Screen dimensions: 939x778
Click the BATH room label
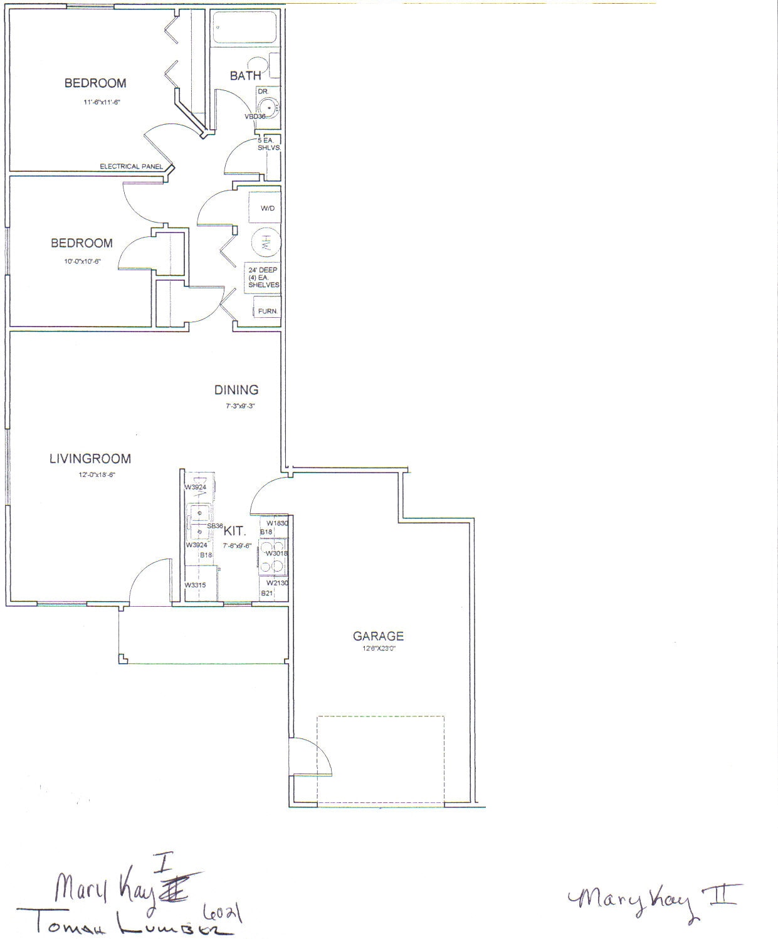[245, 76]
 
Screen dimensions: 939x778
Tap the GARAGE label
[378, 636]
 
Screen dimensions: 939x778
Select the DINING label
[236, 390]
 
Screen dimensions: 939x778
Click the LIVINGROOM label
[90, 459]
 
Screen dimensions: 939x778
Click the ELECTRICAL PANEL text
[132, 167]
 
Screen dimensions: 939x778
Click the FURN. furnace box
[268, 311]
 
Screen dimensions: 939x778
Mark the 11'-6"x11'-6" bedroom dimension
[92, 101]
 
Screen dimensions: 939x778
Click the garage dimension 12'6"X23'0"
[379, 649]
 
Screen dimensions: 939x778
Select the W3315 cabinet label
[195, 585]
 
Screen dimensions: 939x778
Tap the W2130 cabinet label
[276, 583]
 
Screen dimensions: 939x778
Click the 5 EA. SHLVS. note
[268, 144]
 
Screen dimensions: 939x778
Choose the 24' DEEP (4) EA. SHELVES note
[263, 277]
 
